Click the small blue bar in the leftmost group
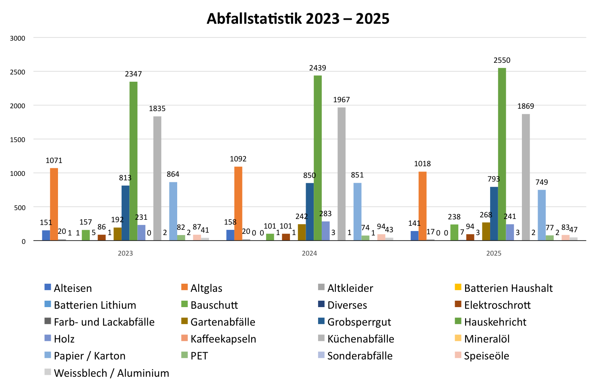(46, 235)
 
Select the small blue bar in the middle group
(230, 235)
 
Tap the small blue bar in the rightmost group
(414, 235)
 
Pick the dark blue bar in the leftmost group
(125, 213)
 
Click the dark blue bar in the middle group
(310, 212)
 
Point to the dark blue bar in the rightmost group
(494, 214)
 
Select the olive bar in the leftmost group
(117, 234)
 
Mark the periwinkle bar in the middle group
(329, 231)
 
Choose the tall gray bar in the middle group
(341, 173)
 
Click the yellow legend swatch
(459, 287)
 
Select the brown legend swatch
(459, 304)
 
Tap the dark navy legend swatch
(323, 304)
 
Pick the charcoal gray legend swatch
(49, 321)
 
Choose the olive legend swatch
(186, 321)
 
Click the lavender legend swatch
(323, 355)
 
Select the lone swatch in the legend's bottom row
(49, 372)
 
